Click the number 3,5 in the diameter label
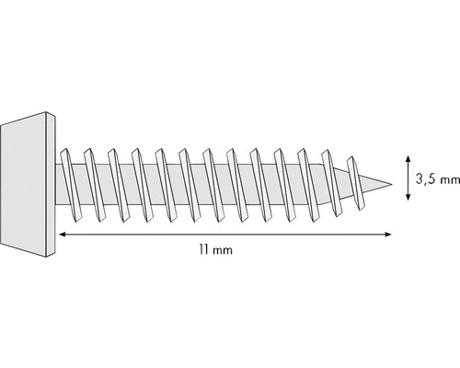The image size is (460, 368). [x=427, y=180]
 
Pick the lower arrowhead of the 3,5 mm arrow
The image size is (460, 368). [x=407, y=195]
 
